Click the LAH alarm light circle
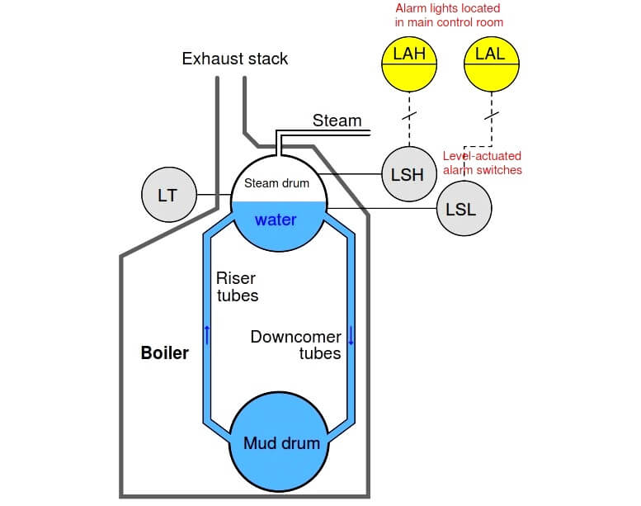point(409,64)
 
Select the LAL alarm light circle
point(492,64)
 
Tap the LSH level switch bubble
point(409,174)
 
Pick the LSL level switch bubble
point(464,209)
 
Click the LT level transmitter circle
point(169,195)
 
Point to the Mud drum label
point(281,443)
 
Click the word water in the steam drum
point(276,220)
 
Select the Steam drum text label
point(276,183)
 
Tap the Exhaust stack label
point(234,59)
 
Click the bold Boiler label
point(165,352)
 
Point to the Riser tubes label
point(237,286)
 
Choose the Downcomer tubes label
point(296,345)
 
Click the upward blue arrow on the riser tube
point(207,335)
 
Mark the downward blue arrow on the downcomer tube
point(351,335)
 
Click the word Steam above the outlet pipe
point(337,121)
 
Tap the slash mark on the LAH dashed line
point(409,116)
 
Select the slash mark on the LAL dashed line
point(492,116)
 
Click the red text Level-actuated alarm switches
point(483,163)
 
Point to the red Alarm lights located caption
point(449,15)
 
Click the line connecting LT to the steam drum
point(214,195)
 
